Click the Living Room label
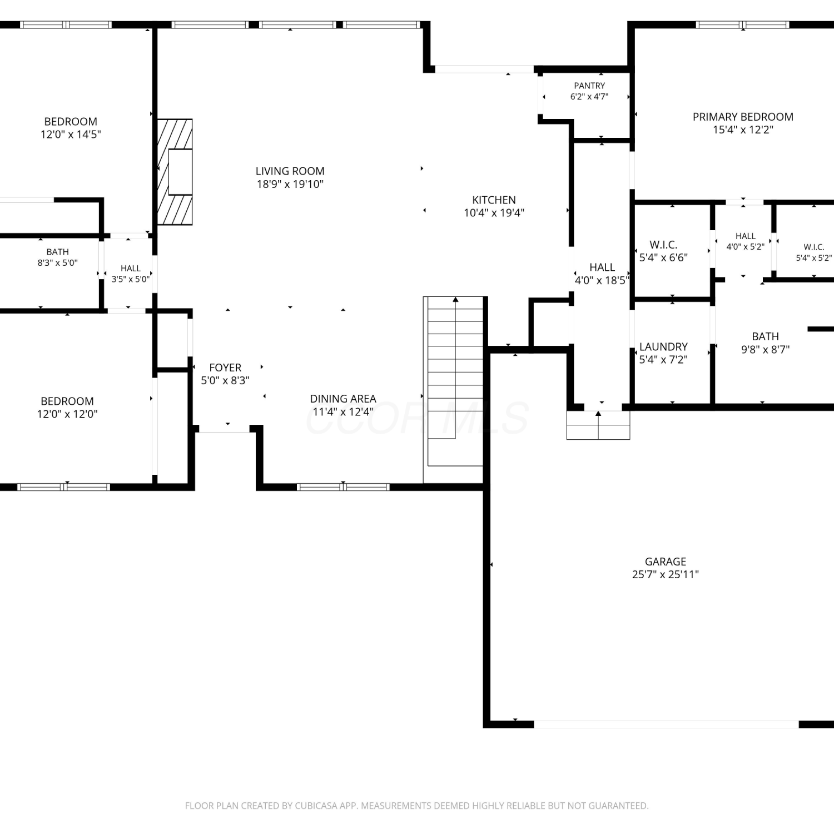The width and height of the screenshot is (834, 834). coord(290,171)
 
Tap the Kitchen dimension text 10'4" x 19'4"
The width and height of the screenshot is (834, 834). coord(494,212)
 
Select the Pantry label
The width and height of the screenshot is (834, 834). coord(589,86)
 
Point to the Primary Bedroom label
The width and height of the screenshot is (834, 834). coord(743,117)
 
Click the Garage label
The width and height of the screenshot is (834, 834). coord(666,562)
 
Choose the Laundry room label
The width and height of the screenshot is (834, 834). coord(663,346)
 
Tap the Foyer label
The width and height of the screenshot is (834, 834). coord(225,368)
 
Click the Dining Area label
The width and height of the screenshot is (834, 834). coord(343,399)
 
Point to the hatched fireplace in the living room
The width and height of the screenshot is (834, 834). coord(175,172)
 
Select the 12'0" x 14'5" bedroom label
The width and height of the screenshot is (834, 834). coord(71,121)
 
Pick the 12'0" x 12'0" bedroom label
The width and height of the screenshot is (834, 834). coord(67,401)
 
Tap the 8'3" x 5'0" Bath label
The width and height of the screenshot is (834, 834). coord(57,252)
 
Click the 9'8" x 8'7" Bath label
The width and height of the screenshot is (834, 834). coord(765,336)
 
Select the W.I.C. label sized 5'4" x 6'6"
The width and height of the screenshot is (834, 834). coord(663,245)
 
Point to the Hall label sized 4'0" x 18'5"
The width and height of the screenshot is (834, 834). coord(602,267)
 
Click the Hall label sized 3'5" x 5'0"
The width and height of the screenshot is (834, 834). coord(131,269)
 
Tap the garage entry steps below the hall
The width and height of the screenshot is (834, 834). coord(598,425)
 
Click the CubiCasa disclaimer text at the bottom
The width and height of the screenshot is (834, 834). coord(416,806)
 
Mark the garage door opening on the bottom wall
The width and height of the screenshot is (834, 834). coord(666,724)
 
